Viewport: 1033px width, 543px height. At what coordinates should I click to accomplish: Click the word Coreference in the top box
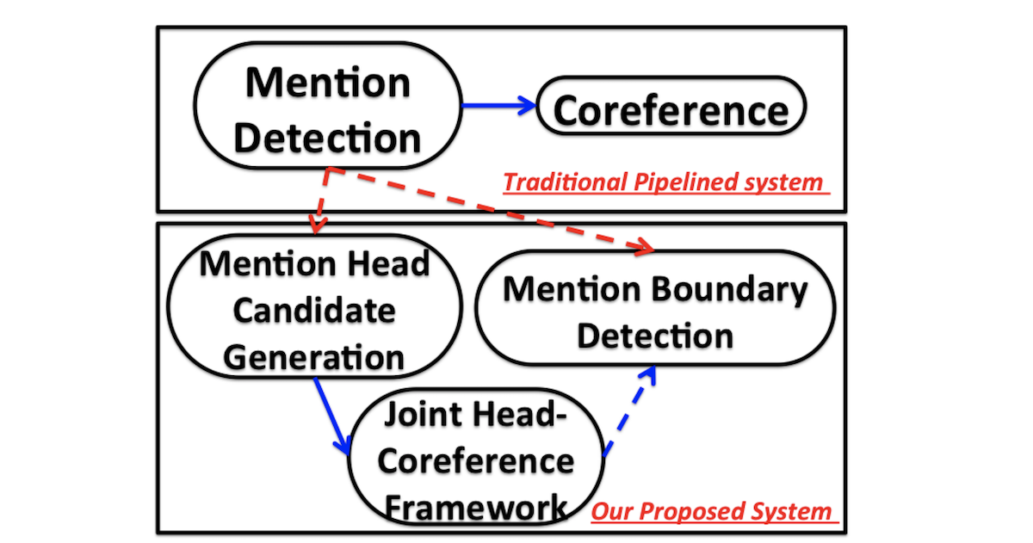coord(671,111)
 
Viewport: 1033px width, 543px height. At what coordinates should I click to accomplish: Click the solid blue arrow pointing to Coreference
coord(498,106)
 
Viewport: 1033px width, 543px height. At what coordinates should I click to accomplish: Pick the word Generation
coord(313,358)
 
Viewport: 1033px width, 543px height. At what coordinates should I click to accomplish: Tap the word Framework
coord(476,507)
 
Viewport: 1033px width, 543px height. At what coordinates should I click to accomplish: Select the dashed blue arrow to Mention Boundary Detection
coord(629,410)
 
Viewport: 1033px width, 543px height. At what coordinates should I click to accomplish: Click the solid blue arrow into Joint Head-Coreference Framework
coord(332,416)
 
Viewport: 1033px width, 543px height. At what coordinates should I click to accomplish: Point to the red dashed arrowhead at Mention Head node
coord(317,224)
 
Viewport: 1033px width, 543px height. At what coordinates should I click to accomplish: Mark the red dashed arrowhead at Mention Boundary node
coord(645,247)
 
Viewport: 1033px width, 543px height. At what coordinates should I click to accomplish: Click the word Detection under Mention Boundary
coord(655,336)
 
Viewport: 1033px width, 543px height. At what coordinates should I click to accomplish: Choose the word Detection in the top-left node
coord(327,139)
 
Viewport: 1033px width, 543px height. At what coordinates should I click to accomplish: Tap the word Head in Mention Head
coord(389,264)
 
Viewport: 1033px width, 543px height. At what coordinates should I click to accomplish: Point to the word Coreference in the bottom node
coord(476,461)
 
